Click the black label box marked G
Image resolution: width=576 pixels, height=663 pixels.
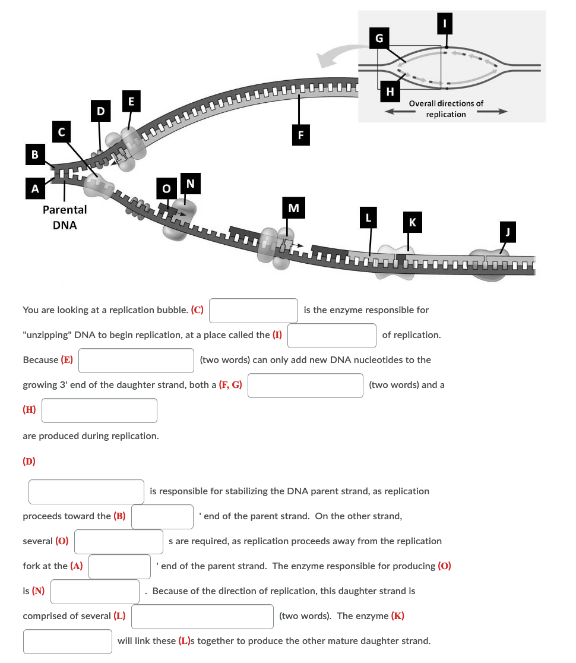tap(379, 38)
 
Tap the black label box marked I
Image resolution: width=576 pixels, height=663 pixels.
tap(445, 23)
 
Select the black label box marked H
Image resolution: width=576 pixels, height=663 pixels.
tap(390, 91)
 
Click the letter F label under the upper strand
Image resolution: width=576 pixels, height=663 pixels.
tap(300, 135)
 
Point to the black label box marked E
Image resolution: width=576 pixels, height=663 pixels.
tap(131, 101)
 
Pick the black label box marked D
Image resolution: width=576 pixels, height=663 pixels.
tap(100, 110)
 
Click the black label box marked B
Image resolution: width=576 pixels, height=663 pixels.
tap(35, 154)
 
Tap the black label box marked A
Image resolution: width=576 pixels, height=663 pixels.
tap(35, 188)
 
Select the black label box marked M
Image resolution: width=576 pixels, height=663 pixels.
tap(293, 207)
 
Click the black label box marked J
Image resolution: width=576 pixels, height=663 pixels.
tap(508, 232)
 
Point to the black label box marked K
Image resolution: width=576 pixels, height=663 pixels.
tap(413, 222)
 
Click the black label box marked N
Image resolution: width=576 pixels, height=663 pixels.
tap(190, 183)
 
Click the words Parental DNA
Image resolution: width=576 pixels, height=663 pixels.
tap(65, 217)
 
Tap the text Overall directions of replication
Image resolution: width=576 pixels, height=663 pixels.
tap(446, 109)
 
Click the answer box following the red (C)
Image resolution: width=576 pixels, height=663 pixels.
tap(254, 311)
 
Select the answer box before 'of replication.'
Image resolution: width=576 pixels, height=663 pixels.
tap(332, 336)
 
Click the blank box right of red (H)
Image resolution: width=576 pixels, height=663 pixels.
tap(99, 411)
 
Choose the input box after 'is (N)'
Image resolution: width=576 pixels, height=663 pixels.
tap(95, 592)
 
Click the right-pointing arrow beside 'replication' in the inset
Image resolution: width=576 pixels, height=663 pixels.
tap(492, 112)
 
